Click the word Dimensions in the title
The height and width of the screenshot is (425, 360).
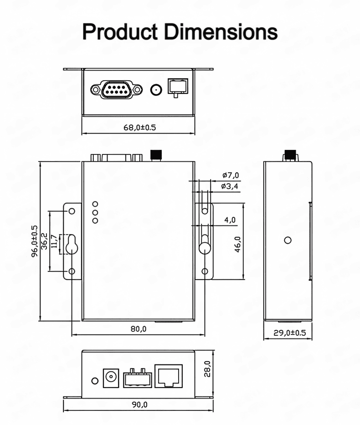221,32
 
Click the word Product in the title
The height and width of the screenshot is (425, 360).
120,32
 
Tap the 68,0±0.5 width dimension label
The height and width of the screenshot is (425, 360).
139,128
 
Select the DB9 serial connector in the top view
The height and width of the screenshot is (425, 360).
116,89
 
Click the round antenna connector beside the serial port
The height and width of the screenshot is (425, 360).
156,90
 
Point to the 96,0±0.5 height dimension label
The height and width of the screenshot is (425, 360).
35,241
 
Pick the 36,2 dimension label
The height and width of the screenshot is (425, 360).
44,241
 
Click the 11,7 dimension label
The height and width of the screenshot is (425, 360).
54,241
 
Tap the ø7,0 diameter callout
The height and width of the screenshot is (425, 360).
231,175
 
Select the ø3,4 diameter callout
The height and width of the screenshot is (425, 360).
230,186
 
